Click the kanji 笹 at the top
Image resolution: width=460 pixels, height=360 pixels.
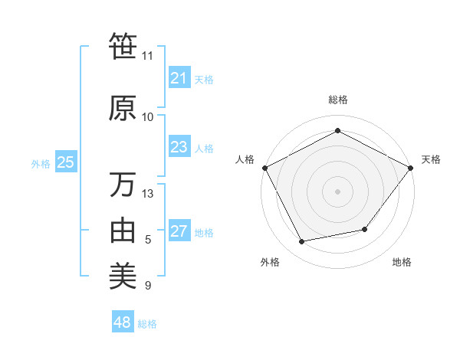coord(123,47)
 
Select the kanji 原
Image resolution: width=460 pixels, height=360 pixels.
coord(123,108)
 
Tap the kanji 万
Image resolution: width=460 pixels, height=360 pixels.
coord(123,185)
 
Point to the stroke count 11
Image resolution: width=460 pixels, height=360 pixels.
coord(147,56)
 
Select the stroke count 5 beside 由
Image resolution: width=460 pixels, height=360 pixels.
coord(148,240)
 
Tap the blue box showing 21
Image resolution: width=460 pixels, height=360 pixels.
coord(179,77)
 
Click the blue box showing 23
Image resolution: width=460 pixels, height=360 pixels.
coord(179,147)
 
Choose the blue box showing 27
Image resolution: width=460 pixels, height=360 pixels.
coord(179,231)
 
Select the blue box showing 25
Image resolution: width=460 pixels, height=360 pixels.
coord(65,162)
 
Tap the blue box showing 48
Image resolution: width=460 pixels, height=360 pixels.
coord(122,322)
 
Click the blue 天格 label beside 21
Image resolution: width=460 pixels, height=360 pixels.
coord(204,79)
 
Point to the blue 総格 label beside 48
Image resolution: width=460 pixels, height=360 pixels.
coord(147,324)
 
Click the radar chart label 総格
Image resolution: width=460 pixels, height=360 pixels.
coord(337,100)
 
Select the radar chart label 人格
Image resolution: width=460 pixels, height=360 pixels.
coord(245,159)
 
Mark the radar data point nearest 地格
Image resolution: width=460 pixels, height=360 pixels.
coord(365,229)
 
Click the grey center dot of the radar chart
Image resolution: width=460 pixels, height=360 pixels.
coord(337,191)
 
